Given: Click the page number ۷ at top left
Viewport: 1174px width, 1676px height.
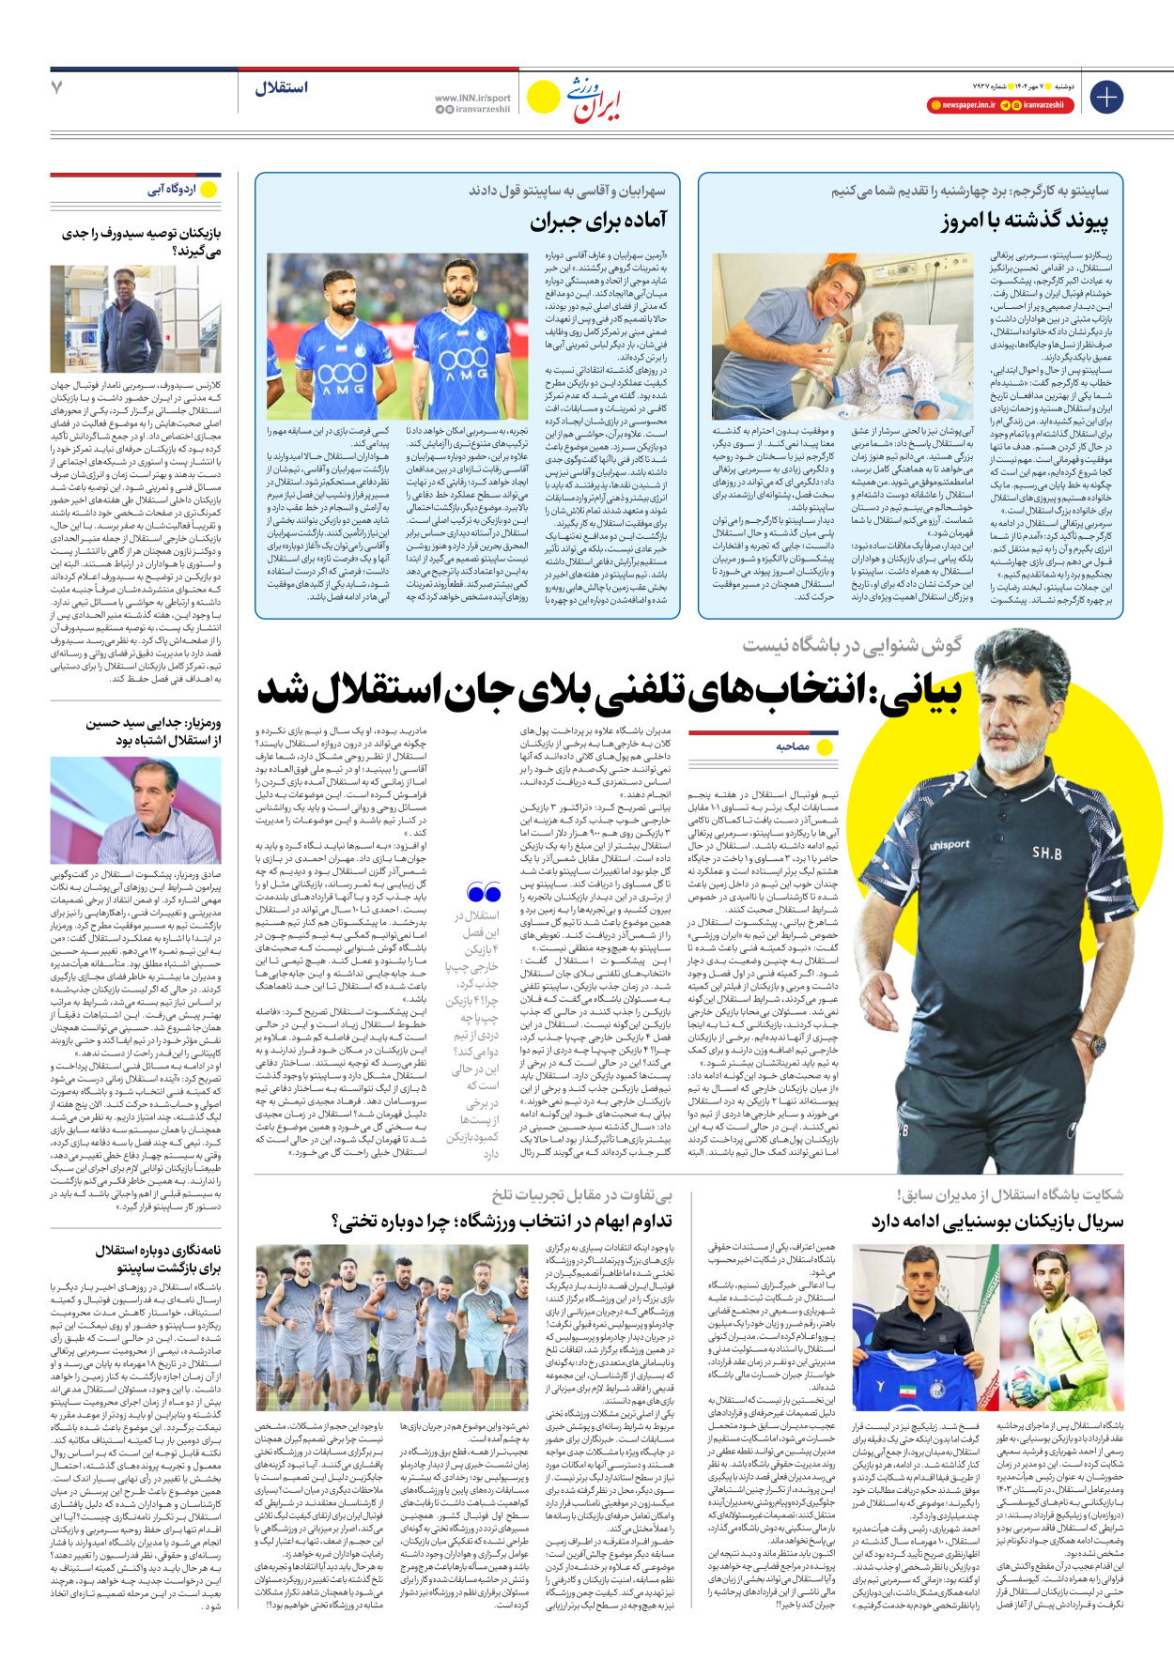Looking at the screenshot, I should [x=57, y=87].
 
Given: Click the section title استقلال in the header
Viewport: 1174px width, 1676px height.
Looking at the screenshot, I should [x=281, y=87].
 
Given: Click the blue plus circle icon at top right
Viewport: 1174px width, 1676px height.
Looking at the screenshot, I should [x=1106, y=96].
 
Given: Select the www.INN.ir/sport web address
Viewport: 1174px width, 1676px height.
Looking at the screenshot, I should [x=472, y=98].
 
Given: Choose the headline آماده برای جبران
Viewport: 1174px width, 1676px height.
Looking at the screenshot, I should [x=598, y=222].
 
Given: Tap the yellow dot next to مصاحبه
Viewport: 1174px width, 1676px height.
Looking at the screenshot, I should [x=825, y=747].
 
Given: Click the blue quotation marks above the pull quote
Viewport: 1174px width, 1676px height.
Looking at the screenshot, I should [x=484, y=893].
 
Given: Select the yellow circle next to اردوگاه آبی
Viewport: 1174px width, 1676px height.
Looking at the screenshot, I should [x=209, y=190].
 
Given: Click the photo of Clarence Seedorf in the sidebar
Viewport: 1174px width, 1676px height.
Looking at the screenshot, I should [x=136, y=319].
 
